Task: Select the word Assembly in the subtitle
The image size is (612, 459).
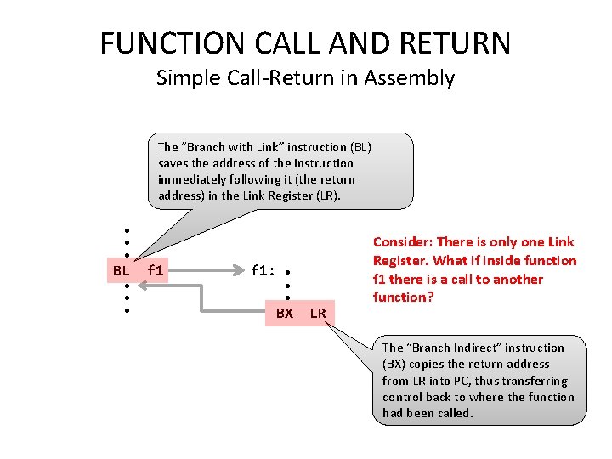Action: [410, 78]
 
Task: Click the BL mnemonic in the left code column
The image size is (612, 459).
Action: [121, 271]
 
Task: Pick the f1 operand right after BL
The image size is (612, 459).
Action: [156, 271]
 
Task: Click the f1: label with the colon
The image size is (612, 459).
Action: [263, 271]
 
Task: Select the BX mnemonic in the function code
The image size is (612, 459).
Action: [285, 314]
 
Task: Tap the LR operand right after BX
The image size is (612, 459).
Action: [318, 314]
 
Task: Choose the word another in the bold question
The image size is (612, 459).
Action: [517, 279]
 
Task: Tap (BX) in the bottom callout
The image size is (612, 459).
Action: [397, 364]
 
